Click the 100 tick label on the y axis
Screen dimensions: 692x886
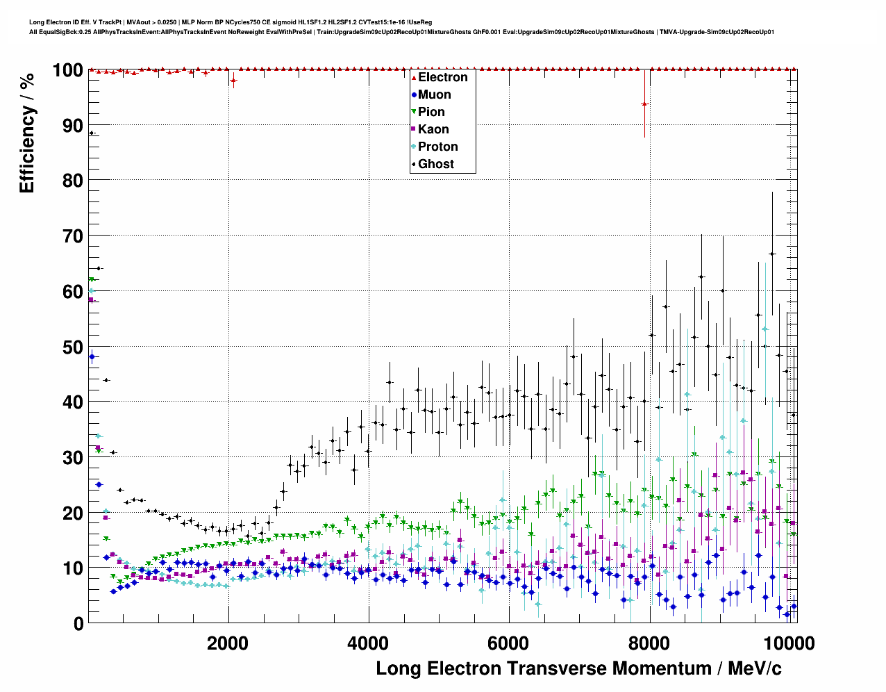67,70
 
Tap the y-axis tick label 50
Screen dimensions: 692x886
72,347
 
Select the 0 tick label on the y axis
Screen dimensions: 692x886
78,623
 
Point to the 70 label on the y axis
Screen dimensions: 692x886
72,236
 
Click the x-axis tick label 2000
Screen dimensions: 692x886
228,643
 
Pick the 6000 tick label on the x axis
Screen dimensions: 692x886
508,643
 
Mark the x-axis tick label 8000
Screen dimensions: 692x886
649,643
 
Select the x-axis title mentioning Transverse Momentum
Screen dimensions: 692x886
578,668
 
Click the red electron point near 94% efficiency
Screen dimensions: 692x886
644,104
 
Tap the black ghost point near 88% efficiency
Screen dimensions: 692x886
92,133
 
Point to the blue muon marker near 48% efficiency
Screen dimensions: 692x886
92,357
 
